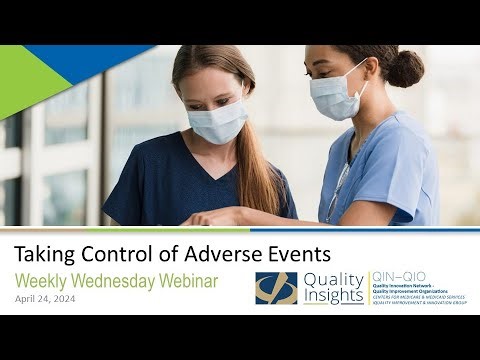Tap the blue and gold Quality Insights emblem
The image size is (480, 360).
click(276, 288)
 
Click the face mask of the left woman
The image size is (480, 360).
click(219, 120)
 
